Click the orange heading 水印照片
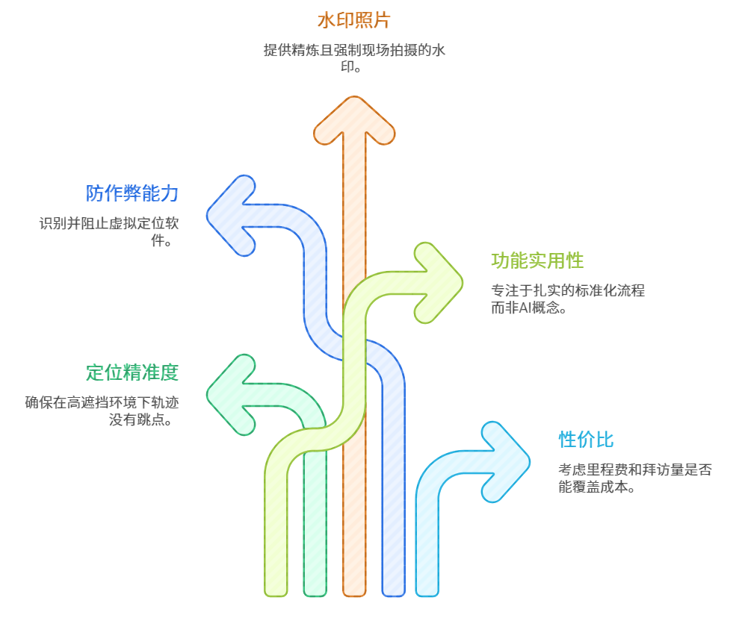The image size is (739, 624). pos(353,20)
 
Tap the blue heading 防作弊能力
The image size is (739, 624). pos(132,193)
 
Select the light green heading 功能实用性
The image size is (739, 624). pos(537,260)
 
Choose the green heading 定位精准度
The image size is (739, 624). pos(132,372)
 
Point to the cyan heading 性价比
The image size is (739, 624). pos(586,440)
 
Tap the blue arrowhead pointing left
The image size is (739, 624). pos(232,216)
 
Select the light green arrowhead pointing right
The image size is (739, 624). pos(437,283)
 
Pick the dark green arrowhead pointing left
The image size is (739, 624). pos(232,394)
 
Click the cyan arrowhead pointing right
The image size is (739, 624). pos(504,461)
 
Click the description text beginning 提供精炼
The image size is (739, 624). pos(354,50)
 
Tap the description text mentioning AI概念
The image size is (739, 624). pos(567,299)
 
